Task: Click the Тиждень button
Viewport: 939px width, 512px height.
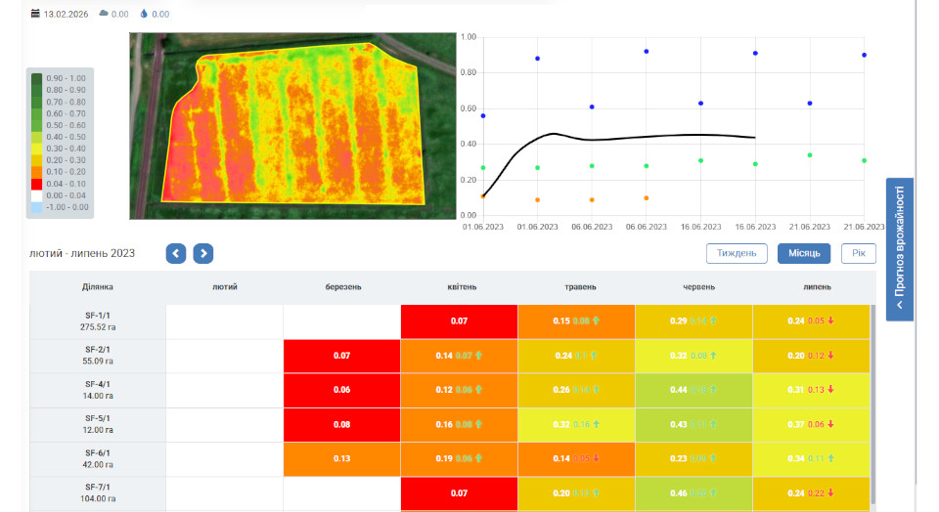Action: (737, 253)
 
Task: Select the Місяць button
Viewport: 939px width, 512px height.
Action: (804, 253)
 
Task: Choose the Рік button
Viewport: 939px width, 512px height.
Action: (858, 253)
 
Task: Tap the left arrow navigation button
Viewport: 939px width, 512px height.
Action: (176, 253)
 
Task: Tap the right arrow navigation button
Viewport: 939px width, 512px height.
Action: (202, 253)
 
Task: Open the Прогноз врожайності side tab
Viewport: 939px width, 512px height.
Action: (900, 248)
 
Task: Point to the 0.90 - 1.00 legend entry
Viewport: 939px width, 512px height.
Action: (59, 78)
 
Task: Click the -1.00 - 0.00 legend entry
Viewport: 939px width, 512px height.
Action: (59, 207)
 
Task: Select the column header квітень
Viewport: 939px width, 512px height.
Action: (459, 287)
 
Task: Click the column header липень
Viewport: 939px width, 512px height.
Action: (811, 287)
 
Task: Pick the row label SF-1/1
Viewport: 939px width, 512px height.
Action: (98, 321)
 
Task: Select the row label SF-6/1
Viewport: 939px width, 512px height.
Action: (98, 458)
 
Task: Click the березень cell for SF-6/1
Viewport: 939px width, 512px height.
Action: (341, 459)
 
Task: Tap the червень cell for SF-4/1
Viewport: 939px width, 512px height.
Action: (693, 390)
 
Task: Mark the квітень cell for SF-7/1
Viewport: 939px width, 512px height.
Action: (459, 493)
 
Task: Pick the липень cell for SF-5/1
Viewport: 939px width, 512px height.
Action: (811, 425)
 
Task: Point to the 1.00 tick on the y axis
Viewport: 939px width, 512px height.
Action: (469, 37)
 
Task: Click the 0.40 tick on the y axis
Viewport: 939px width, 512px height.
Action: (469, 144)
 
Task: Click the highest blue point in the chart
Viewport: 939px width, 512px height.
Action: (647, 51)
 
